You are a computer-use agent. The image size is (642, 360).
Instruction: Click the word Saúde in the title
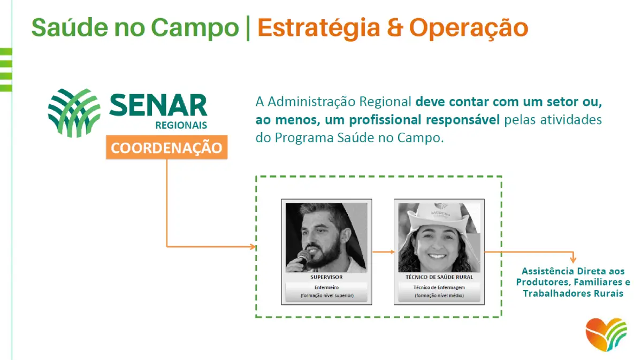point(70,27)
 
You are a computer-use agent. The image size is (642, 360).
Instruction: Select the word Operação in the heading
point(469,29)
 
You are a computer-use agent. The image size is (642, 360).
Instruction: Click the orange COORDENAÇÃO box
point(167,147)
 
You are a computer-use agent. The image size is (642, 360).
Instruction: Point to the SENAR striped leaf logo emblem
point(74,113)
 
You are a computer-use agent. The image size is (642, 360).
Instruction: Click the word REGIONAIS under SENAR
point(181,125)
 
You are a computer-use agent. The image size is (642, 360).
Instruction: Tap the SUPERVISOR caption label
point(326,277)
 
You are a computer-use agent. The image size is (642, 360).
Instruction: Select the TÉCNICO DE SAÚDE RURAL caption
point(439,277)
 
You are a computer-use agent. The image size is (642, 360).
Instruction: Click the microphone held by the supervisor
point(303,257)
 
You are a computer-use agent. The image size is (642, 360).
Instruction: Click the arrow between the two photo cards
point(383,252)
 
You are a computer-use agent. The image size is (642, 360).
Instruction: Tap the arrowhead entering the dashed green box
point(253,247)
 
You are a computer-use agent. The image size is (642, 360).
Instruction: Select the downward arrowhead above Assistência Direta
point(573,259)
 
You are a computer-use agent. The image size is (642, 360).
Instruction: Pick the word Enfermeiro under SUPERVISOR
point(326,287)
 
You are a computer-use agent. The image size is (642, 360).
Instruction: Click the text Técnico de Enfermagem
point(439,287)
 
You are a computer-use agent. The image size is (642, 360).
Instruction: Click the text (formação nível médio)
point(439,295)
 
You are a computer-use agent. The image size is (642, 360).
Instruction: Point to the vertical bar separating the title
point(248,28)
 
